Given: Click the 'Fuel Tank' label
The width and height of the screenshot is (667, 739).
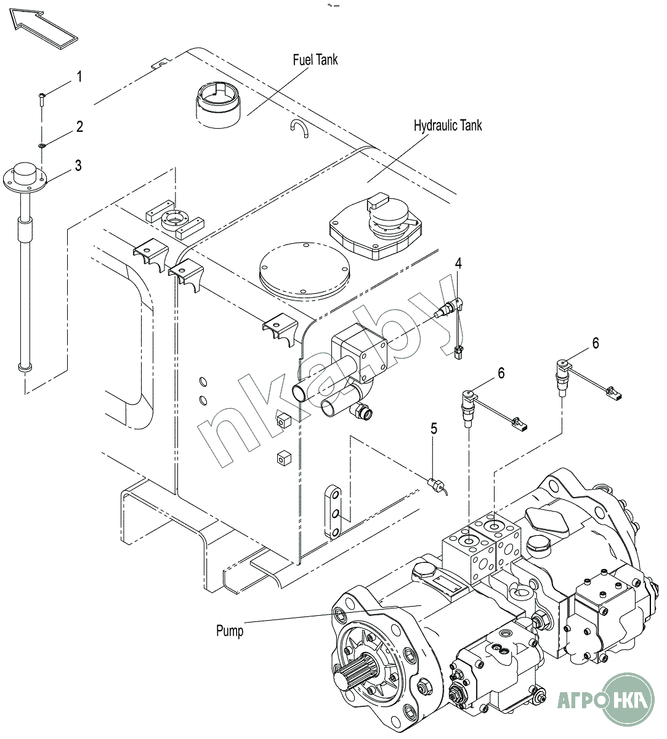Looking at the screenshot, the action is pos(315,60).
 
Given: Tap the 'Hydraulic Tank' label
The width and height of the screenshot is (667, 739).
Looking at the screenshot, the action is pos(448,126).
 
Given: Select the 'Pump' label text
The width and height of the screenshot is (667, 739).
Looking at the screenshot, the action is pos(230,631).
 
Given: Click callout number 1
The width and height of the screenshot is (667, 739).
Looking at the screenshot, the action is pos(79,76).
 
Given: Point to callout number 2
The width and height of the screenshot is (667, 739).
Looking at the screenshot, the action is pos(79,127).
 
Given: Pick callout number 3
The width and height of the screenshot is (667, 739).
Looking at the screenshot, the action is pos(78,166).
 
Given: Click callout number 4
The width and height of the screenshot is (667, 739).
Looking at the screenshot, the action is pos(458,264).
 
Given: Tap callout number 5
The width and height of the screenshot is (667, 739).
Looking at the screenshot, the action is pos(434,429).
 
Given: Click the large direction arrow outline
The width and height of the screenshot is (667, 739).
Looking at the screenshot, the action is pos(44,29).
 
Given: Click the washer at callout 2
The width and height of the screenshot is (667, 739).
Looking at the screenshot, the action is pos(42,146).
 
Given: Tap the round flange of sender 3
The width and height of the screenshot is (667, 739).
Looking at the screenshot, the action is pos(25,179).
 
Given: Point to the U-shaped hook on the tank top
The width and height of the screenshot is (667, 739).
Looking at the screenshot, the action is pos(300,128).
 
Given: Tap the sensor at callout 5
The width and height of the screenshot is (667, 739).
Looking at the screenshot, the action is pos(437,485).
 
